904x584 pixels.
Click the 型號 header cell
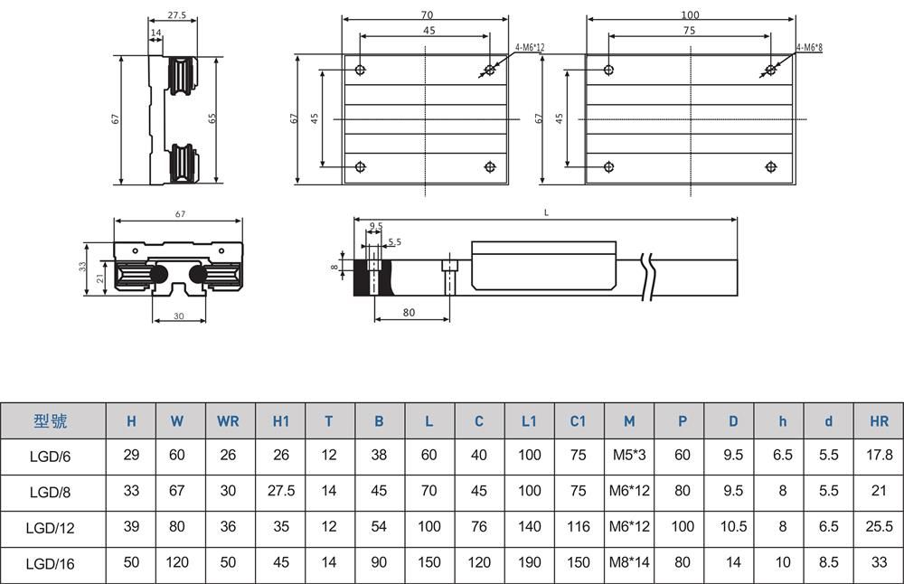coord(51,420)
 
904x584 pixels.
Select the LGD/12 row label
coord(51,526)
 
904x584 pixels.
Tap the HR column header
coord(879,420)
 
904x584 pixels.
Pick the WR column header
coord(228,420)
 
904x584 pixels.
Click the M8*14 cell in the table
coord(629,562)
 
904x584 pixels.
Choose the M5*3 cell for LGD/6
coord(629,456)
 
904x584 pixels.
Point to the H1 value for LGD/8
coord(281,491)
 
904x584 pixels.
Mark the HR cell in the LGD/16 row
coord(879,562)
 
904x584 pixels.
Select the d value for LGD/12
coord(828,526)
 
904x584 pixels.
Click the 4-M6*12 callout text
coord(530,46)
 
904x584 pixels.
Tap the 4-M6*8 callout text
coord(809,46)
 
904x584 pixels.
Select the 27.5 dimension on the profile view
coord(177,15)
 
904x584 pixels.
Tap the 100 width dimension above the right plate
coord(690,15)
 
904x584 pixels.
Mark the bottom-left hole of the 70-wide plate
coord(361,166)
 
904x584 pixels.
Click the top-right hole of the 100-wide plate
coord(770,70)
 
